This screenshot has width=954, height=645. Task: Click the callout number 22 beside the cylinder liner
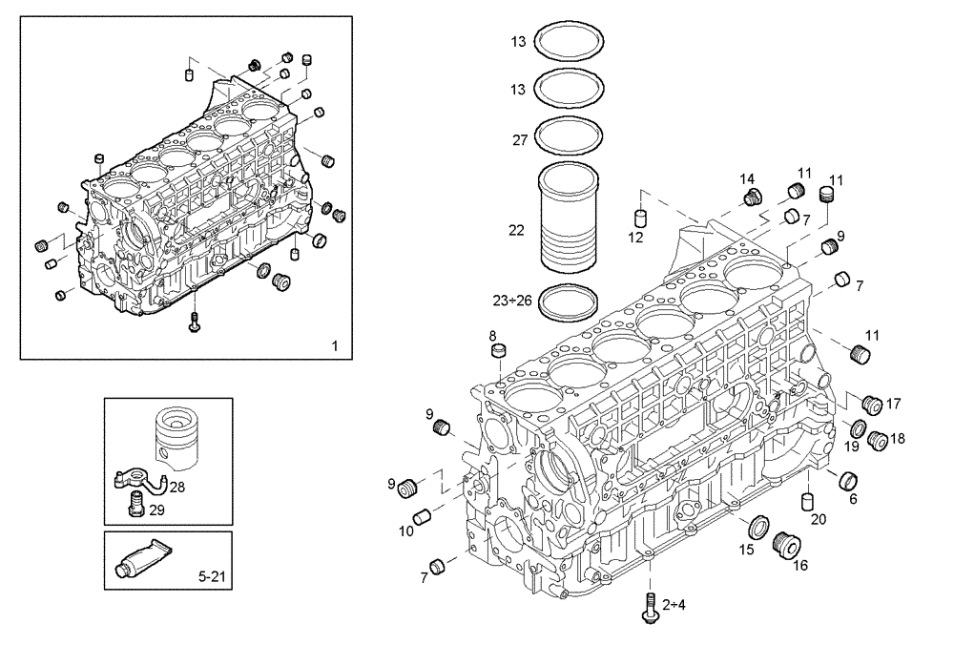(x=516, y=230)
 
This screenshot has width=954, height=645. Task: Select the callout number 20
(x=818, y=519)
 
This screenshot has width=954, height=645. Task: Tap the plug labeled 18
(x=878, y=441)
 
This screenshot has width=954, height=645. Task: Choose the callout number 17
(x=894, y=404)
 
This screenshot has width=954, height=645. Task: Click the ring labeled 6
(x=845, y=480)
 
